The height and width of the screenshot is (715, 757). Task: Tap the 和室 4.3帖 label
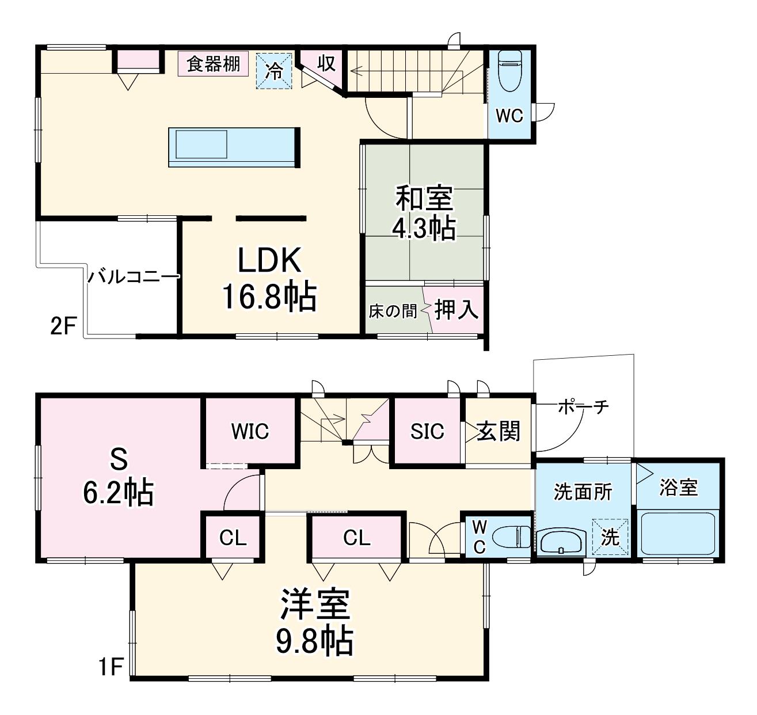[x=425, y=212]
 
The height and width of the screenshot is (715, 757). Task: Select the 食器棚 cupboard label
[x=213, y=64]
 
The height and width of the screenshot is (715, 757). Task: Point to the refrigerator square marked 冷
[x=273, y=71]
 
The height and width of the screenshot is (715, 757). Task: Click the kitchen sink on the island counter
[x=201, y=144]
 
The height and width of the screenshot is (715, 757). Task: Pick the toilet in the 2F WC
[x=509, y=71]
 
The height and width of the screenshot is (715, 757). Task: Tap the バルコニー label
[x=134, y=276]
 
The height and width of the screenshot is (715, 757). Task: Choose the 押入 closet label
[x=456, y=309]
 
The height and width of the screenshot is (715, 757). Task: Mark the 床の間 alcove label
[x=393, y=311]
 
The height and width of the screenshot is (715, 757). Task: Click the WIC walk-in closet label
[x=250, y=431]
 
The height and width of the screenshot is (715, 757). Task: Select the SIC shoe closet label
[x=427, y=431]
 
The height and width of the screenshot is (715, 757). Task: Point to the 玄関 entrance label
[x=498, y=431]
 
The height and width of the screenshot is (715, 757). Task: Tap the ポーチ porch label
[x=583, y=407]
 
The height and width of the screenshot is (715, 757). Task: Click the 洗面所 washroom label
[x=583, y=492]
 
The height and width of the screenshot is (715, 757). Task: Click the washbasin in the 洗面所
[x=561, y=542]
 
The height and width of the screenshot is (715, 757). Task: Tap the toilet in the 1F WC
[x=511, y=537]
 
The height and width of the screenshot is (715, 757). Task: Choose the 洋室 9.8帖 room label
[x=314, y=622]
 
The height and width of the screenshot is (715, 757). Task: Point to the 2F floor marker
[x=64, y=326]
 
